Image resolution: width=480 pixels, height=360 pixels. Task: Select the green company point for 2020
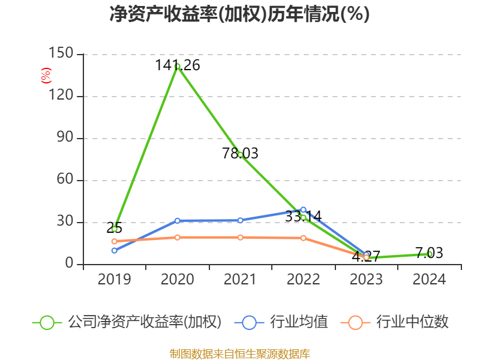pos(177,67)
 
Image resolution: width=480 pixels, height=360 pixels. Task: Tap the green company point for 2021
pos(240,154)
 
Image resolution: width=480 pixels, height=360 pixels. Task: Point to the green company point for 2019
pos(114,229)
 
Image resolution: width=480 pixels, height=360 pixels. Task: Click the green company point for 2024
pos(430,254)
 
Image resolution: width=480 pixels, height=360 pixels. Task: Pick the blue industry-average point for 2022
pos(304,210)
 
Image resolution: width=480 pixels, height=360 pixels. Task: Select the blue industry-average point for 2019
pos(114,250)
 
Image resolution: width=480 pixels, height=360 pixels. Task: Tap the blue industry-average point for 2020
pos(177,221)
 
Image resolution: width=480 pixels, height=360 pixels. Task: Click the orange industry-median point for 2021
pos(240,238)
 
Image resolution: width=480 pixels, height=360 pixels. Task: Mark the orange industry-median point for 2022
pos(304,238)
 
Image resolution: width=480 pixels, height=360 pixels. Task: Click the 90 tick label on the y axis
pos(64,138)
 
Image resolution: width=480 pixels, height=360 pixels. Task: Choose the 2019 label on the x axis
pos(114,280)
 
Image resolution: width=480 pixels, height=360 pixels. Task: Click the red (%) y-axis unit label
pos(46,76)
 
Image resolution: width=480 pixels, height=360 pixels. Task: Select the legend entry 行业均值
pos(299,322)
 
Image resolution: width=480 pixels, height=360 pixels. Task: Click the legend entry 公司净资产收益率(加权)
pos(144,322)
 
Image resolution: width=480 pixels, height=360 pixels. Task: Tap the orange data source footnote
pos(240,353)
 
